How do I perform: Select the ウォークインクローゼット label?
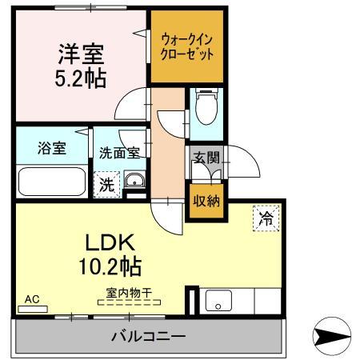tap(186, 47)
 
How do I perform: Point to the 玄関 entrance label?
tap(205, 158)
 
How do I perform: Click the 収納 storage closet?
tap(206, 201)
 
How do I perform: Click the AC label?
tap(31, 299)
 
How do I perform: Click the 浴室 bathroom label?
tap(52, 147)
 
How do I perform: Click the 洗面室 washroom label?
tap(119, 150)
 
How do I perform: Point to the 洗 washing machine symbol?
tap(106, 183)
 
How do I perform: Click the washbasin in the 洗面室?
tap(135, 180)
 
